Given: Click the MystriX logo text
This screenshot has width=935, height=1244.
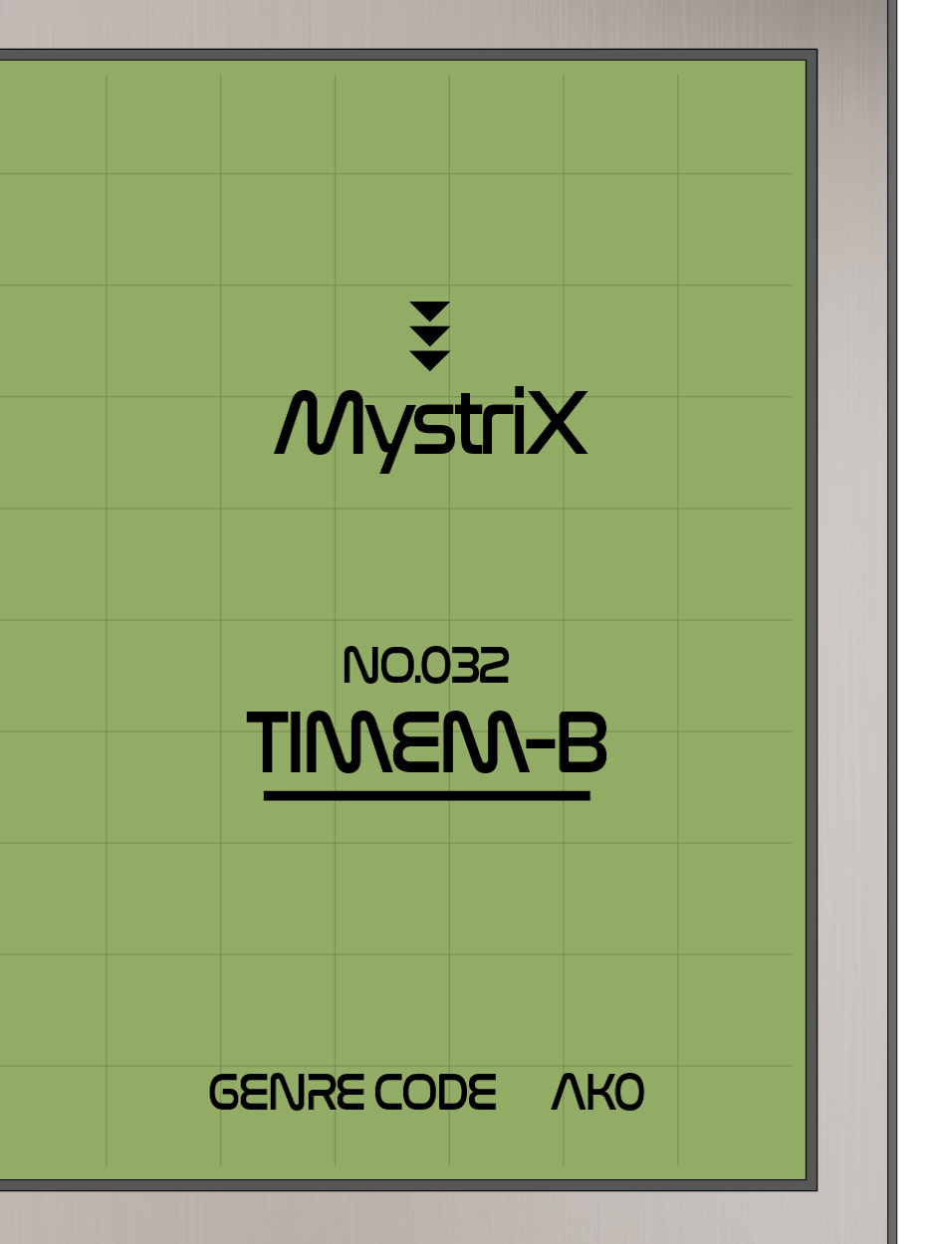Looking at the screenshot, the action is [430, 426].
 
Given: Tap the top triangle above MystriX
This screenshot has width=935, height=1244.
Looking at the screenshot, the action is [430, 310].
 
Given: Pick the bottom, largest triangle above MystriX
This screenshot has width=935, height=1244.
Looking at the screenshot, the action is [430, 359].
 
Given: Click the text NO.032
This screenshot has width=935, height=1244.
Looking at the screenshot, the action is [425, 666].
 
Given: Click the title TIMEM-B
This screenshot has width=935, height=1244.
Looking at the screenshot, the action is [426, 743].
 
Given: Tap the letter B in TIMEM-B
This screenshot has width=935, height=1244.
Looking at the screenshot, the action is [581, 743].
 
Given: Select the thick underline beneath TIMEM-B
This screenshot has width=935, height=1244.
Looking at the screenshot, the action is [426, 795].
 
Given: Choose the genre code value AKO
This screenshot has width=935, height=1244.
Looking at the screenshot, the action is [597, 1093].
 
